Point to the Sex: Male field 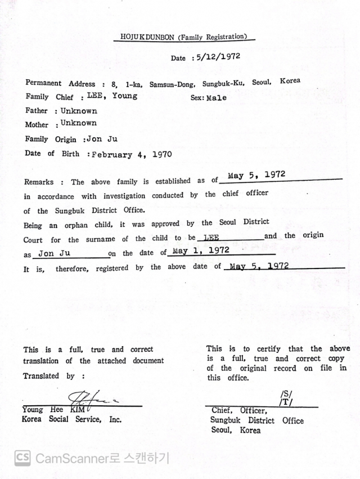209,97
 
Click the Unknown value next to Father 79,111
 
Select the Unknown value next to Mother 79,123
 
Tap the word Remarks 39,182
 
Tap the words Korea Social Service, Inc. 72,419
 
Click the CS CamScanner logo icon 22,458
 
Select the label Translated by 49,376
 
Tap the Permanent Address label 61,83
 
